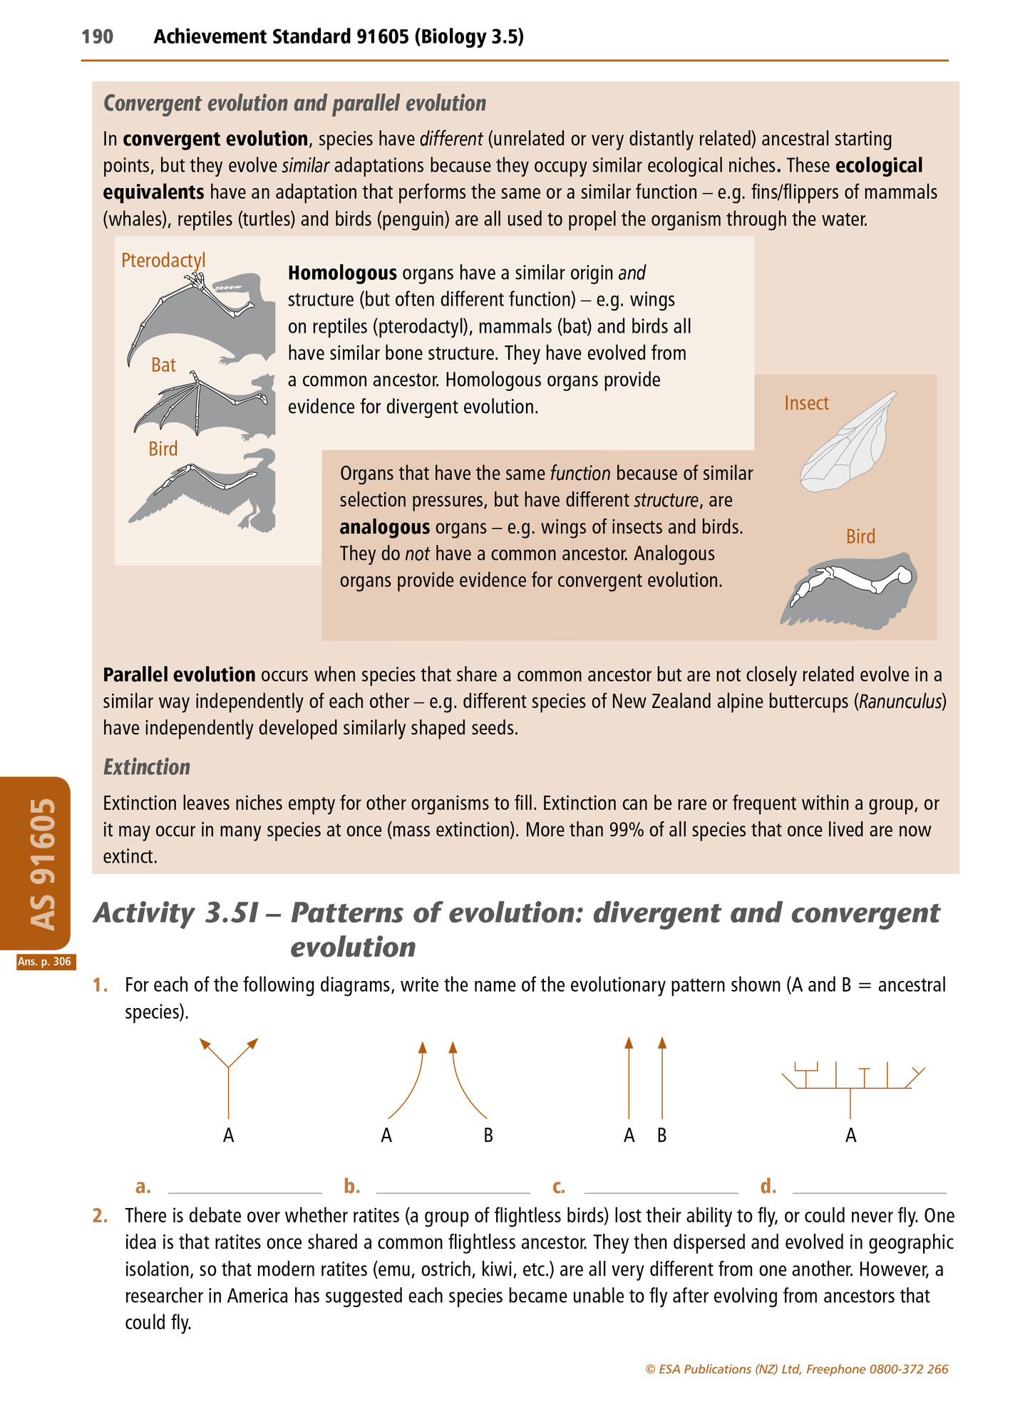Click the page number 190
(x=98, y=36)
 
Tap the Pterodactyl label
(x=163, y=260)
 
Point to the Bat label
(x=163, y=365)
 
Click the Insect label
(x=806, y=403)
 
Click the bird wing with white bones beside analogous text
(x=850, y=589)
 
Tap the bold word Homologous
(x=342, y=273)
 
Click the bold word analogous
(x=385, y=527)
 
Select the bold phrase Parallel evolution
(x=179, y=675)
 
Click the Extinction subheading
(x=147, y=767)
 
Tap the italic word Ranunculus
(x=901, y=702)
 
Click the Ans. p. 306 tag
(x=44, y=962)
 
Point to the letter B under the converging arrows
(x=488, y=1135)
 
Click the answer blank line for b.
(x=453, y=1191)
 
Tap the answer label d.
(x=768, y=1186)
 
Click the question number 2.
(x=100, y=1215)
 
